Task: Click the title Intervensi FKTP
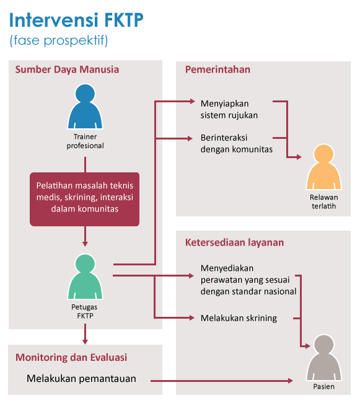point(76,20)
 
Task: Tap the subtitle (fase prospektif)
point(59,40)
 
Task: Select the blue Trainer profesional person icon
point(85,107)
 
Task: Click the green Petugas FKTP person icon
point(85,277)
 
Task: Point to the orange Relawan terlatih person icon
point(323,167)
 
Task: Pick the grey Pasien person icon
point(324,358)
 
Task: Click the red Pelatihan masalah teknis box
point(85,200)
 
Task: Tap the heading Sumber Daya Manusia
point(67,69)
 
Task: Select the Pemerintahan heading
point(217,69)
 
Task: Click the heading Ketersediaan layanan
point(234,242)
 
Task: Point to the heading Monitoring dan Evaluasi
point(71,358)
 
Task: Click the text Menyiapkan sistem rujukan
point(229,110)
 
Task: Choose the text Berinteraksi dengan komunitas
point(237,143)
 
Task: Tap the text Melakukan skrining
point(239,318)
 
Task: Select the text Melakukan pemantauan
point(81,379)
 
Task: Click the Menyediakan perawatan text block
point(248,280)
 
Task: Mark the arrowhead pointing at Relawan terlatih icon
point(299,157)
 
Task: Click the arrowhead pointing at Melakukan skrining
point(191,318)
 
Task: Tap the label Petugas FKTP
point(84,311)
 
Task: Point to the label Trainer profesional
point(86,141)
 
